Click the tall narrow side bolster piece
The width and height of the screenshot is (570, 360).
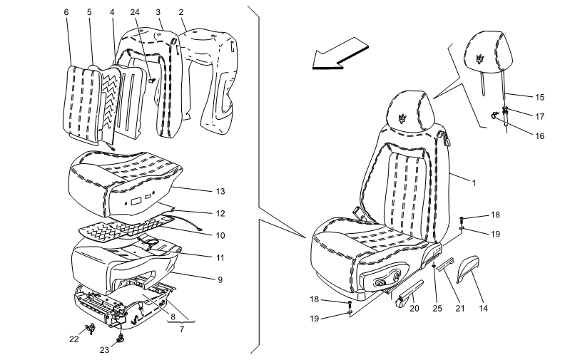pos(169,86)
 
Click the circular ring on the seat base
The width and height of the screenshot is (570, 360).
pos(151,244)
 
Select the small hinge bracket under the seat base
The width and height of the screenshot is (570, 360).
pos(108,304)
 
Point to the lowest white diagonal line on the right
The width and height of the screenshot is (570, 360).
pos(367,302)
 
